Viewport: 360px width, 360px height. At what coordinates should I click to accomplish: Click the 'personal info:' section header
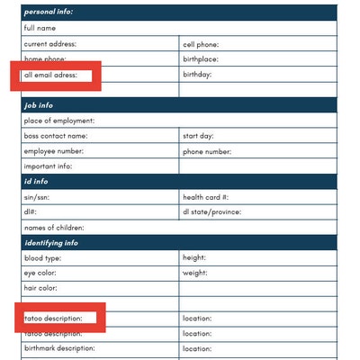(49, 12)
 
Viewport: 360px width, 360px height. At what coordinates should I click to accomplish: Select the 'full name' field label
(40, 28)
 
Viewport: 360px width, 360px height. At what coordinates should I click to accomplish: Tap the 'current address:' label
(49, 43)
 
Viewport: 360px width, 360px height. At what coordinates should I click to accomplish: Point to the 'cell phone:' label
(201, 43)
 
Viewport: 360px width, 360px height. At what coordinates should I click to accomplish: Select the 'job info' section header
(39, 105)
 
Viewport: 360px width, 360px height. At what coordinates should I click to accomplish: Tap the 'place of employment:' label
(59, 121)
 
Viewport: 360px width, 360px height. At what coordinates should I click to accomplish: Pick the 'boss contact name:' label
(56, 136)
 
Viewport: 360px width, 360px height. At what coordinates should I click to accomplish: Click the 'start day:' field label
(198, 136)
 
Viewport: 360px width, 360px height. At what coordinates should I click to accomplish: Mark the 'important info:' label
(48, 166)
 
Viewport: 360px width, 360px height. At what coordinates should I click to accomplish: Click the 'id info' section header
(37, 182)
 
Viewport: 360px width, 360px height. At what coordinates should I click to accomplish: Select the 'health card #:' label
(205, 197)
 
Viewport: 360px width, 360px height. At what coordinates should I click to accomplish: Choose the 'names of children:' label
(55, 228)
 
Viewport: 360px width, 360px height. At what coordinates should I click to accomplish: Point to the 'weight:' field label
(195, 273)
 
